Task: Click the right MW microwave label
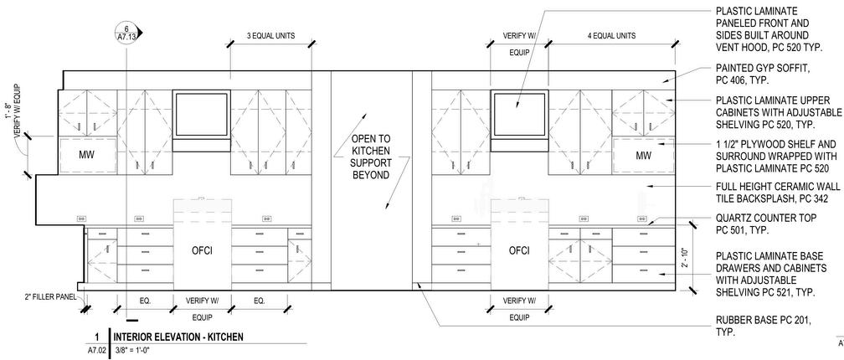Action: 643,156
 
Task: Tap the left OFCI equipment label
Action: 202,250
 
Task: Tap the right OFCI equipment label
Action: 519,250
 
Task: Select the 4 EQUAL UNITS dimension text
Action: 611,36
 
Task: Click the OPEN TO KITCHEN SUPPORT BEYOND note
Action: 370,157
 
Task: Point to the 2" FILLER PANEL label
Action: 50,296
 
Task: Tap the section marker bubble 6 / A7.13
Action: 126,33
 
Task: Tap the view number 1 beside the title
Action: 97,337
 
